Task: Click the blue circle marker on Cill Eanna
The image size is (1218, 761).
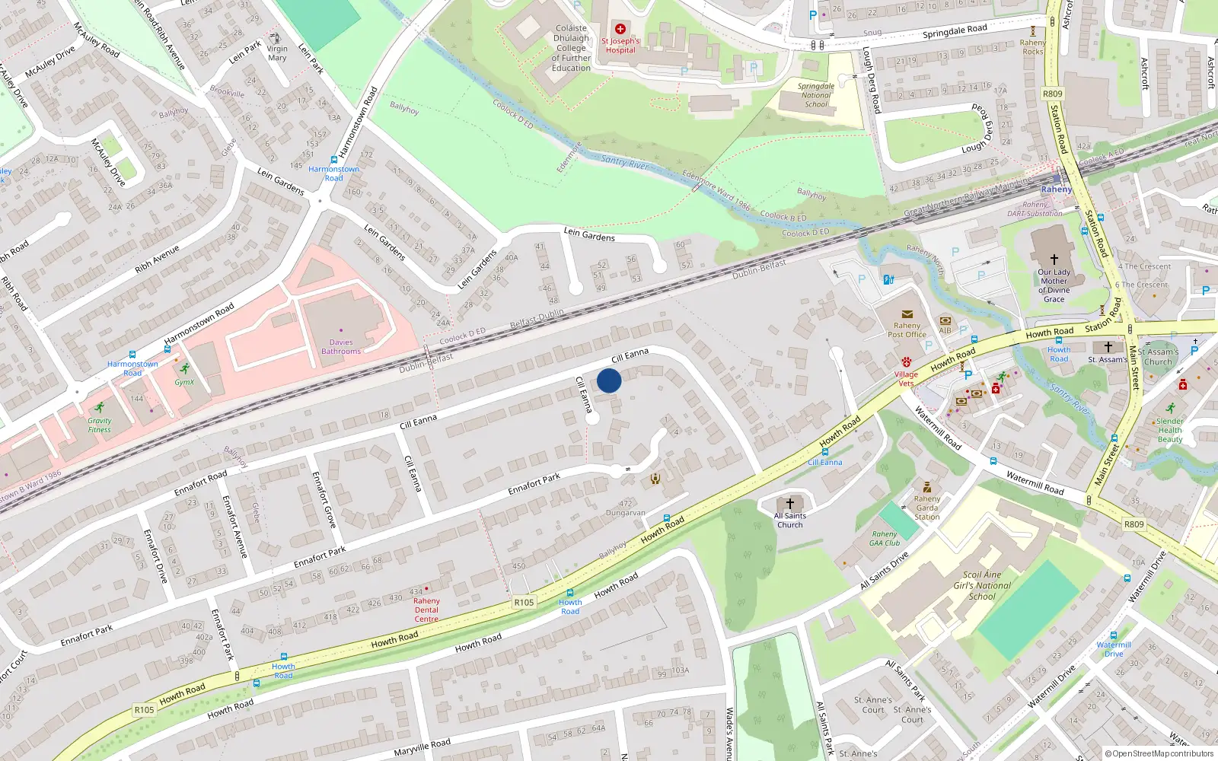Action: (x=609, y=380)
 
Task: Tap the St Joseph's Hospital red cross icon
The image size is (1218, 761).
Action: (x=620, y=29)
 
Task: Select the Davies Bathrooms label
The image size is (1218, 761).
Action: (x=341, y=347)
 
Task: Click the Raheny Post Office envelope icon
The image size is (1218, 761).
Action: (x=907, y=314)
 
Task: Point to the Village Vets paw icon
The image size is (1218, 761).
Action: (x=906, y=362)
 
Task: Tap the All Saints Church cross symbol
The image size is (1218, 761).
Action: (x=790, y=503)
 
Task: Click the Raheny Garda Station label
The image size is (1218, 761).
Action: (x=927, y=508)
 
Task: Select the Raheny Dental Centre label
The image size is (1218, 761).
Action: (x=426, y=610)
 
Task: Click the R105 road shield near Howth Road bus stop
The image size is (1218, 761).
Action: (x=524, y=602)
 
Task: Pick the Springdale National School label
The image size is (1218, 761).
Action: (x=816, y=95)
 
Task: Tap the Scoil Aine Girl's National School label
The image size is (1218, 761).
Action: (x=982, y=586)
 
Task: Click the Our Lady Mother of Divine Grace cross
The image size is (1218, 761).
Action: (x=1054, y=260)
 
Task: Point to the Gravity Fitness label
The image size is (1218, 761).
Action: (x=99, y=425)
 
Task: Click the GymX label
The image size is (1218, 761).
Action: (x=184, y=382)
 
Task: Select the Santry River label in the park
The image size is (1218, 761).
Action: (x=624, y=161)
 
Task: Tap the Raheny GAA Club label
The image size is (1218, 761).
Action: (x=885, y=538)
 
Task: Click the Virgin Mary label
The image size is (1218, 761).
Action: (x=277, y=53)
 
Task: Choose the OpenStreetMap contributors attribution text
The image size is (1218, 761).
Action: (x=1159, y=753)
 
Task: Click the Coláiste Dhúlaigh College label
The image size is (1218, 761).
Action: (x=571, y=48)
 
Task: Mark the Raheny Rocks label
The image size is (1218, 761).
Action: (x=1033, y=47)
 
